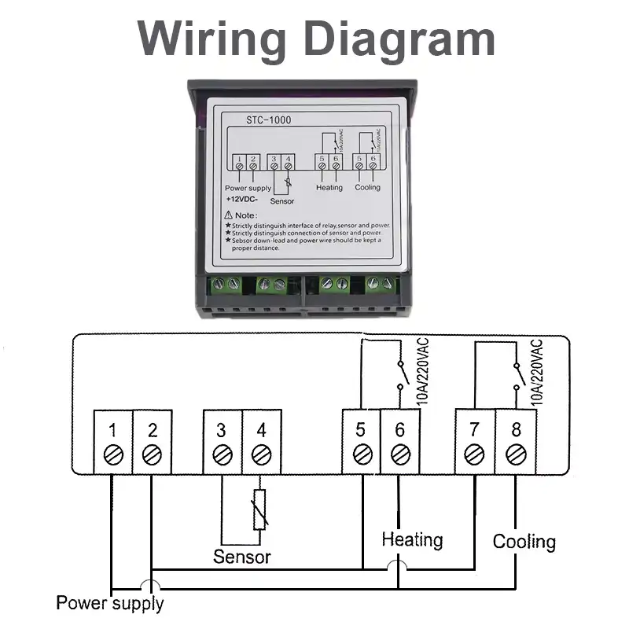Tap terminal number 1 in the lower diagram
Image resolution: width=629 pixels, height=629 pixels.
click(113, 430)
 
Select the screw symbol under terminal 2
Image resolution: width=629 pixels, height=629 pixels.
click(153, 454)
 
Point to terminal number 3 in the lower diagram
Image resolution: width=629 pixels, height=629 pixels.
click(222, 430)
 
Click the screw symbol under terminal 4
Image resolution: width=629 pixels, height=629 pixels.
click(261, 454)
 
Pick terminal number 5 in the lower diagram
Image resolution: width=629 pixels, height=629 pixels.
click(361, 430)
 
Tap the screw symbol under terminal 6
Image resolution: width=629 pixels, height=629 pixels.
click(399, 454)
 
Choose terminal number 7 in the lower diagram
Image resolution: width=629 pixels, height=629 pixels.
click(474, 430)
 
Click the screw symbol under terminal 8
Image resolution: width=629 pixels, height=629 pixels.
click(515, 454)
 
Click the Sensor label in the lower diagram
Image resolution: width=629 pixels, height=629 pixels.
click(242, 557)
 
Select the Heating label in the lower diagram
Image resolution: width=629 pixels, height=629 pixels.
click(412, 540)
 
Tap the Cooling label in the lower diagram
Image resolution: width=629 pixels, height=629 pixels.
click(524, 542)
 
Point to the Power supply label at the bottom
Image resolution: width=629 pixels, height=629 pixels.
click(110, 604)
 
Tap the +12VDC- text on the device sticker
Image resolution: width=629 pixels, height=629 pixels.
click(242, 200)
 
